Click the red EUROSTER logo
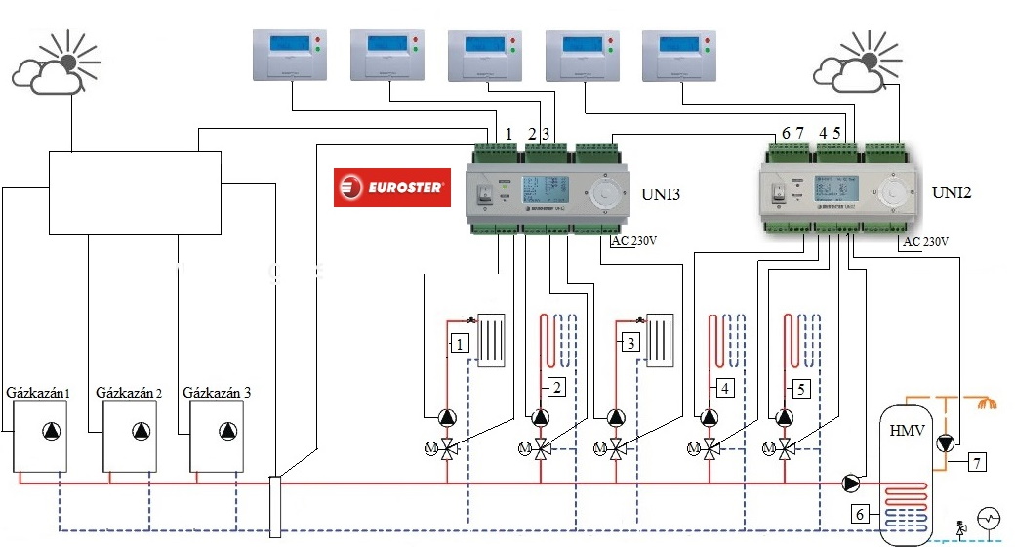[391, 186]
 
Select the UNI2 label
[952, 191]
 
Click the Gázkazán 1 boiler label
[40, 393]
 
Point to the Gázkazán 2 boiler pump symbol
[142, 432]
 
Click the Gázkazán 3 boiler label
[217, 393]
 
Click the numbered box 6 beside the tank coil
[860, 513]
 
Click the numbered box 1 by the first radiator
[460, 343]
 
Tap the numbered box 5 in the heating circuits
[800, 388]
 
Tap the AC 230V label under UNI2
[926, 241]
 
